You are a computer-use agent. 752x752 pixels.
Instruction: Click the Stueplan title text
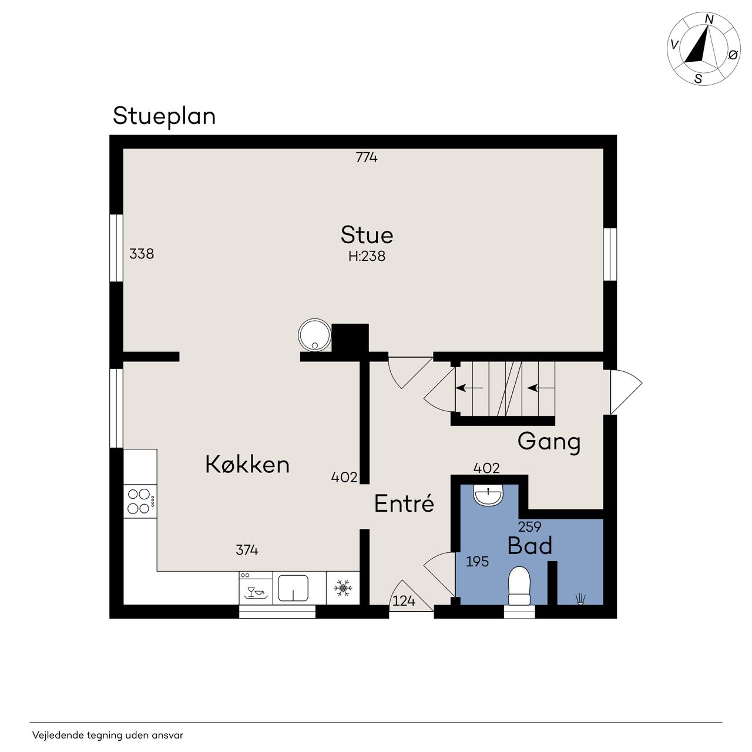click(x=164, y=116)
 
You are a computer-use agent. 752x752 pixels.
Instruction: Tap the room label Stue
click(x=367, y=235)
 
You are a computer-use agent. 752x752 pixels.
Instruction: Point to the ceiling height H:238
click(x=367, y=256)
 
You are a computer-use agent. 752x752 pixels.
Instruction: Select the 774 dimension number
click(x=367, y=157)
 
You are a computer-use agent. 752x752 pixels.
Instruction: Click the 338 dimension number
click(x=142, y=254)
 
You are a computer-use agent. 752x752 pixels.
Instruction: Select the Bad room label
click(x=530, y=546)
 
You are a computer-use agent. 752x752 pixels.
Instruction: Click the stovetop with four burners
click(x=140, y=502)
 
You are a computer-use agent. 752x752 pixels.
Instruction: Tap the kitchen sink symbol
click(x=293, y=587)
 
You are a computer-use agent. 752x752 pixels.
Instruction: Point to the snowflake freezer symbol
click(x=343, y=588)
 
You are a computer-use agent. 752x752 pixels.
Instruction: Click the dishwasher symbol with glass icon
click(x=256, y=588)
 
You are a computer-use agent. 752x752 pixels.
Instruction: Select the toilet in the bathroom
click(x=519, y=586)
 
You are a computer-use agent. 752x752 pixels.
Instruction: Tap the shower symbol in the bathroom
click(x=580, y=599)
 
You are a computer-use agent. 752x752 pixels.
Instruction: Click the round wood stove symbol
click(x=314, y=335)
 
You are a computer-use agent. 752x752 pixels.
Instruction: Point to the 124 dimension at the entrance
click(x=404, y=600)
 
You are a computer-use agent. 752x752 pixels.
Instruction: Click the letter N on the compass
click(x=710, y=19)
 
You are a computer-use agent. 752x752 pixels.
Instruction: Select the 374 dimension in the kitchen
click(x=247, y=550)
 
